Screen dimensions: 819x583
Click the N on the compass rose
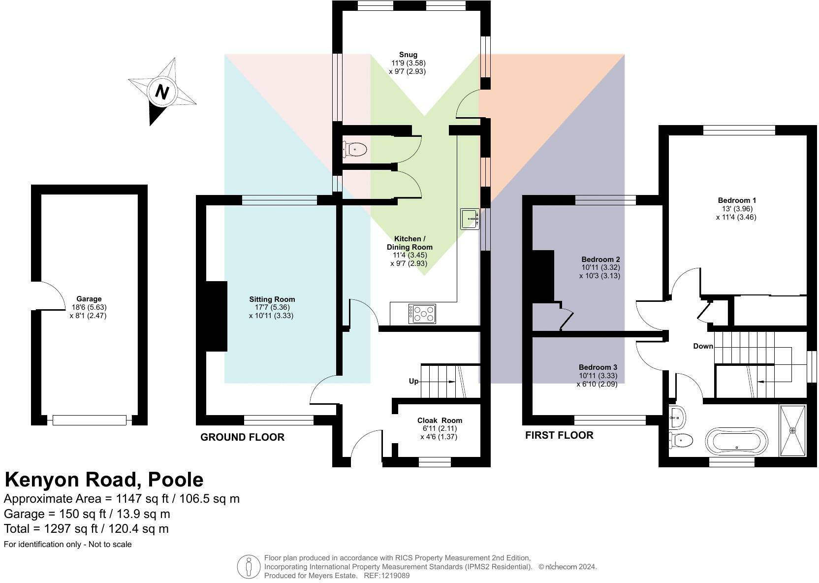click(x=162, y=92)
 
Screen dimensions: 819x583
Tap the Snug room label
click(x=408, y=55)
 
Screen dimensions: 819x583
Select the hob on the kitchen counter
click(x=422, y=314)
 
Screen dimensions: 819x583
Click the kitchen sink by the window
click(x=470, y=219)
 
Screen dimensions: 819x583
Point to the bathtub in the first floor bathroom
click(x=736, y=441)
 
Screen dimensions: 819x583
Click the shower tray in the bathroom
click(x=793, y=430)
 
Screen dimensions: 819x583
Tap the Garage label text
click(x=89, y=299)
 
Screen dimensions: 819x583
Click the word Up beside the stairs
click(x=413, y=381)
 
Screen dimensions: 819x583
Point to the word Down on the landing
click(x=703, y=346)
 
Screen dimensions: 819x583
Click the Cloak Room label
click(x=440, y=420)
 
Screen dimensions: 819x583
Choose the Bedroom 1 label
click(x=737, y=200)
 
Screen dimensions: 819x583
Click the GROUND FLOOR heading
click(x=243, y=437)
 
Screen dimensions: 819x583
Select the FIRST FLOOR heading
click(x=560, y=435)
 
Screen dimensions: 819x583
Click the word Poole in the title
click(x=176, y=480)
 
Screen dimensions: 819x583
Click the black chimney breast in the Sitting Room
click(x=216, y=317)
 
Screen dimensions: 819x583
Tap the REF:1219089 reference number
click(x=386, y=576)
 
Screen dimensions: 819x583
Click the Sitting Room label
click(x=272, y=299)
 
